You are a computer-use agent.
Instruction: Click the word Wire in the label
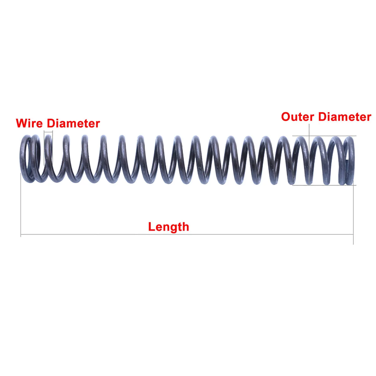(x=29, y=123)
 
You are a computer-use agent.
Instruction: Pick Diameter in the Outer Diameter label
(x=344, y=117)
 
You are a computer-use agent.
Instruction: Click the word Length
(x=169, y=227)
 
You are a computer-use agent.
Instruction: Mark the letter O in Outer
(x=286, y=117)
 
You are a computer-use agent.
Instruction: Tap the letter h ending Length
(x=185, y=227)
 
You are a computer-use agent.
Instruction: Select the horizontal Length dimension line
(x=94, y=234)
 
